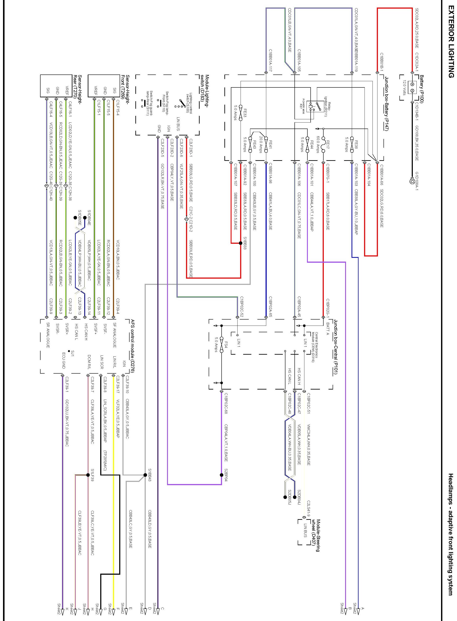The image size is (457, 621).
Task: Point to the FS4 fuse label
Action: (x=226, y=346)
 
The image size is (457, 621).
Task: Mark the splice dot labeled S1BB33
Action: (x=241, y=243)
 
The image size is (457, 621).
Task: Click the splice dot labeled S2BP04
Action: (x=221, y=475)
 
